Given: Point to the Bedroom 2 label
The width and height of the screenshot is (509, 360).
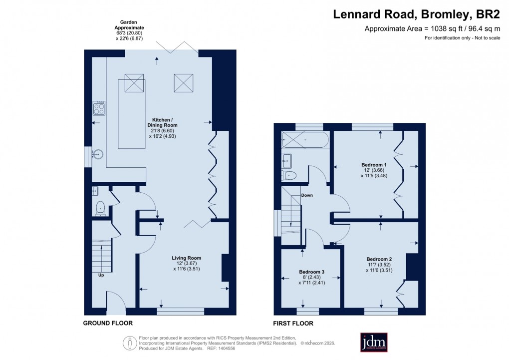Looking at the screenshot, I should coord(379,259).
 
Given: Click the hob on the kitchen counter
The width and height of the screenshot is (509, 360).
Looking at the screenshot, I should coord(99,108).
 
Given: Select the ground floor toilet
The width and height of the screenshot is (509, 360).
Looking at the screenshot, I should coord(100,208).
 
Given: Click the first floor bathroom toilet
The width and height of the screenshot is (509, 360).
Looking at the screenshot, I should coord(289,175).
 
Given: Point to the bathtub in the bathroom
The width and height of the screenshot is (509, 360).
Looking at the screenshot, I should coord(304,140).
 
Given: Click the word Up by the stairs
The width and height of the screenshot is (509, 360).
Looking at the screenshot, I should coord(101,275).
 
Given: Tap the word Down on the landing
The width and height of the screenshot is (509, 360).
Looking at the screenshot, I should coord(307,195).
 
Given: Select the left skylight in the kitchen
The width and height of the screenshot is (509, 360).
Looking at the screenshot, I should coord(134,83).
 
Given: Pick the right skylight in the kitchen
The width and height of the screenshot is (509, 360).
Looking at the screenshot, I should coord(183,83).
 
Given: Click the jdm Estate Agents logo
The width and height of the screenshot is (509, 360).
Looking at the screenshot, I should coord(377,343).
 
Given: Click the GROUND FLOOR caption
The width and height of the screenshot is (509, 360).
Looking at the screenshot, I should coord(108,323).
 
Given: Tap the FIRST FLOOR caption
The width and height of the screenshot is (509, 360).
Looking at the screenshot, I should coord(293,324).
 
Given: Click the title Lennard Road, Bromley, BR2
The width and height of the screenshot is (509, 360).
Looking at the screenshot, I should coord(416,14).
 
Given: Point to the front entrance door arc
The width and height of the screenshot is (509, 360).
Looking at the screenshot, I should coord(115,300).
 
